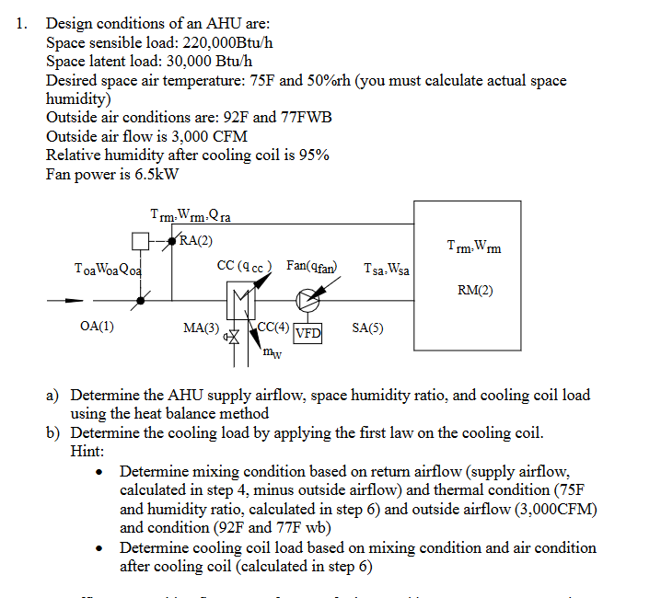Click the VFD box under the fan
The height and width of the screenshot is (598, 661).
point(308,333)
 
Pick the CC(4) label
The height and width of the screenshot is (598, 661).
point(273,327)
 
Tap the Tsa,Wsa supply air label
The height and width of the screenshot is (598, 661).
point(387,270)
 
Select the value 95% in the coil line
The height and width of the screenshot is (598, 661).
point(312,155)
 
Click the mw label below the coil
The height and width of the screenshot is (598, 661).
point(272,351)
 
